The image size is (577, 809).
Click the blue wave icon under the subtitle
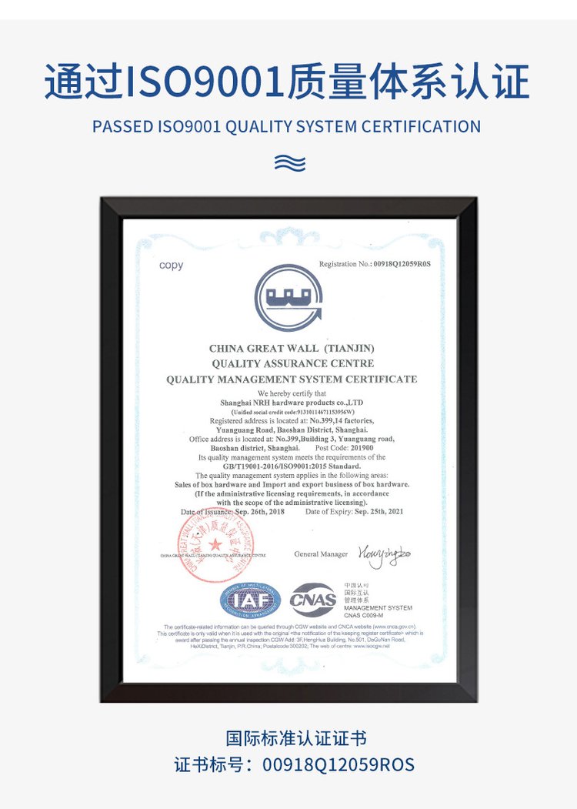pyautogui.click(x=289, y=162)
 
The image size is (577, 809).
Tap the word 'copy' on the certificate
pyautogui.click(x=172, y=266)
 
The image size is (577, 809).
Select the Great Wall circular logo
pyautogui.click(x=288, y=298)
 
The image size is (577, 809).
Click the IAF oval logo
pyautogui.click(x=251, y=599)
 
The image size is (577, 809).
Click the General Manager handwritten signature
pyautogui.click(x=383, y=555)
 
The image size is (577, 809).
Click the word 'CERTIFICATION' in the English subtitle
pyautogui.click(x=422, y=126)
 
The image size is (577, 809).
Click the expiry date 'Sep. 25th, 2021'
pyautogui.click(x=375, y=512)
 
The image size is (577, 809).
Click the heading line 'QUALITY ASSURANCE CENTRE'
pyautogui.click(x=292, y=363)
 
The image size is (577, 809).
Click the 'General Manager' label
pyautogui.click(x=321, y=554)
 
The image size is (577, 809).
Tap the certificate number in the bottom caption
pyautogui.click(x=339, y=765)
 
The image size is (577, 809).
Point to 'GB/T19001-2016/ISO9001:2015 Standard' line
pyautogui.click(x=292, y=466)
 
